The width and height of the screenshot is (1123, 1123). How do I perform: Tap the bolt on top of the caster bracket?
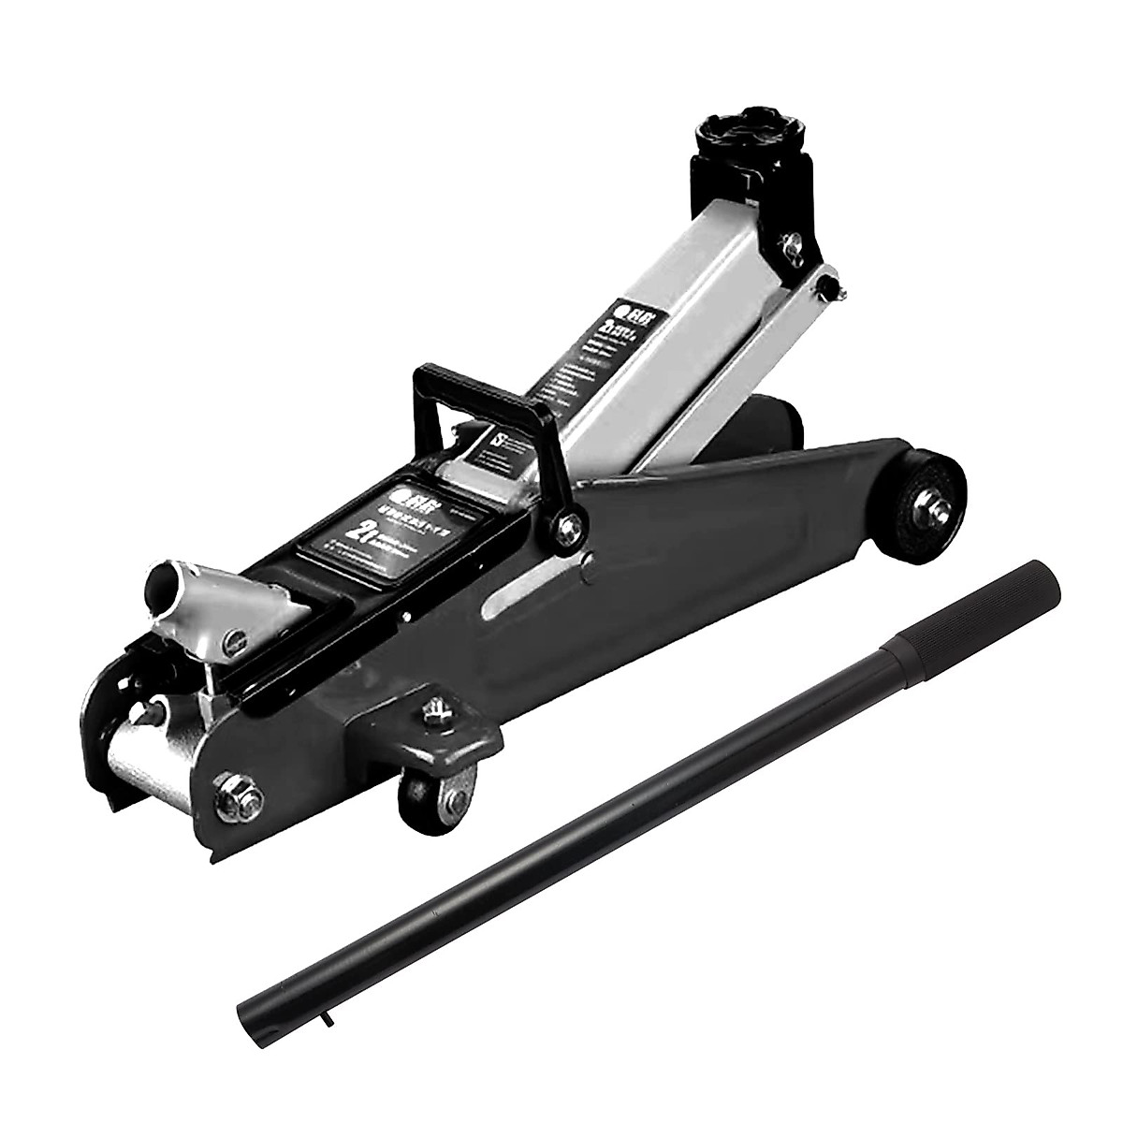(435, 713)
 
